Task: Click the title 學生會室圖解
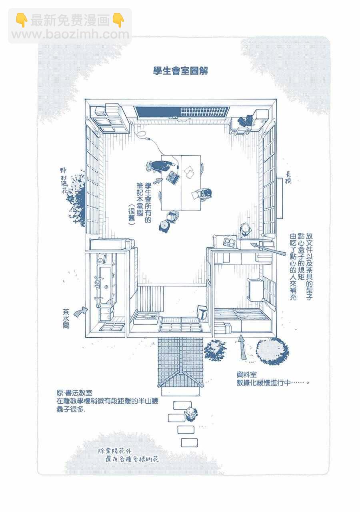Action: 180,71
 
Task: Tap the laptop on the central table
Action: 173,177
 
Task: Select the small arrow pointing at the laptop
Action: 158,181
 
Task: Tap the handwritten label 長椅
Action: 288,178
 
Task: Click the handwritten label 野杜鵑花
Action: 64,181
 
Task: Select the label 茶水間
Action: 66,319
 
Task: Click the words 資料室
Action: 247,375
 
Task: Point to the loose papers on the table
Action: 189,172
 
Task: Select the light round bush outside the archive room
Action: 272,351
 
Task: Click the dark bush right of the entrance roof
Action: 215,350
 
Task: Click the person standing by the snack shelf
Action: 245,230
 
